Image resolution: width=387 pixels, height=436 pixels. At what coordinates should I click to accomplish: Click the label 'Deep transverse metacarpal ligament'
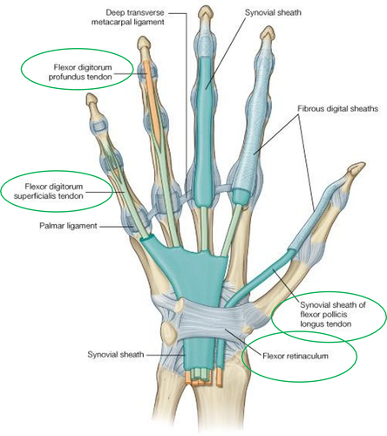click(x=128, y=17)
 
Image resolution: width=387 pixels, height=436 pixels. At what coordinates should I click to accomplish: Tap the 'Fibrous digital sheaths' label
click(x=337, y=109)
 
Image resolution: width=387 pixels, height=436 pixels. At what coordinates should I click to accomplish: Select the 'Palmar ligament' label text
click(x=68, y=226)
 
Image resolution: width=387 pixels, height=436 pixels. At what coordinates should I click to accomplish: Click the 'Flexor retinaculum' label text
click(x=295, y=356)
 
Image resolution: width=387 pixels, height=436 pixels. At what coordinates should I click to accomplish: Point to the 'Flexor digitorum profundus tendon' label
click(x=80, y=72)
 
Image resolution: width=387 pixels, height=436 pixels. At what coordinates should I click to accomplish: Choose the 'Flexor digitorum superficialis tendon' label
click(x=49, y=191)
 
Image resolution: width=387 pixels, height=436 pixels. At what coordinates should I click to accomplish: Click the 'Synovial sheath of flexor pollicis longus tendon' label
click(x=333, y=314)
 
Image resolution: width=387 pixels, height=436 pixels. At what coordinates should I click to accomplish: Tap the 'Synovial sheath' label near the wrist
click(x=116, y=355)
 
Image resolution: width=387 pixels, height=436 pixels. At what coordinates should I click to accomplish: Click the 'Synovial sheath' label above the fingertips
click(x=273, y=12)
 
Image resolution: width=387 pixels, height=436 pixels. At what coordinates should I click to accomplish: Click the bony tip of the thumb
click(x=356, y=168)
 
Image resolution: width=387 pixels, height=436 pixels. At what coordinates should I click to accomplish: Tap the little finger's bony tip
click(x=92, y=100)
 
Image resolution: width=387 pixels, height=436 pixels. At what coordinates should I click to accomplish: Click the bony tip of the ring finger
click(x=144, y=44)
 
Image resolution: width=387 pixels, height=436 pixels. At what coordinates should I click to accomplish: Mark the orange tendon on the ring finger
click(x=153, y=99)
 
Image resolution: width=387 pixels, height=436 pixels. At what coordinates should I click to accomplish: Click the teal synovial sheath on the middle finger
click(x=205, y=131)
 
